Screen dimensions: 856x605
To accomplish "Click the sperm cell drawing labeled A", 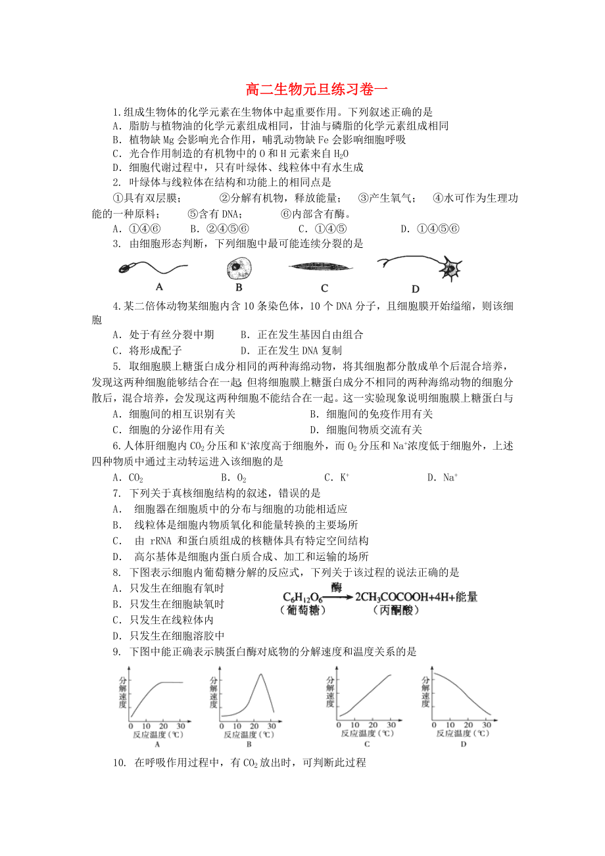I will click(151, 268).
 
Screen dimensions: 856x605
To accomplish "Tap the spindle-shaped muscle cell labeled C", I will click(322, 266).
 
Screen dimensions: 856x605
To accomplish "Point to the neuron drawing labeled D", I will click(421, 267).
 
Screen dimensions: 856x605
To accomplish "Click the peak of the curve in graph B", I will click(261, 675).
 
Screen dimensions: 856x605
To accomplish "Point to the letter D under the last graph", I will click(463, 744).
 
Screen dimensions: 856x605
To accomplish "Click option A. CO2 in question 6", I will click(128, 478).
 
